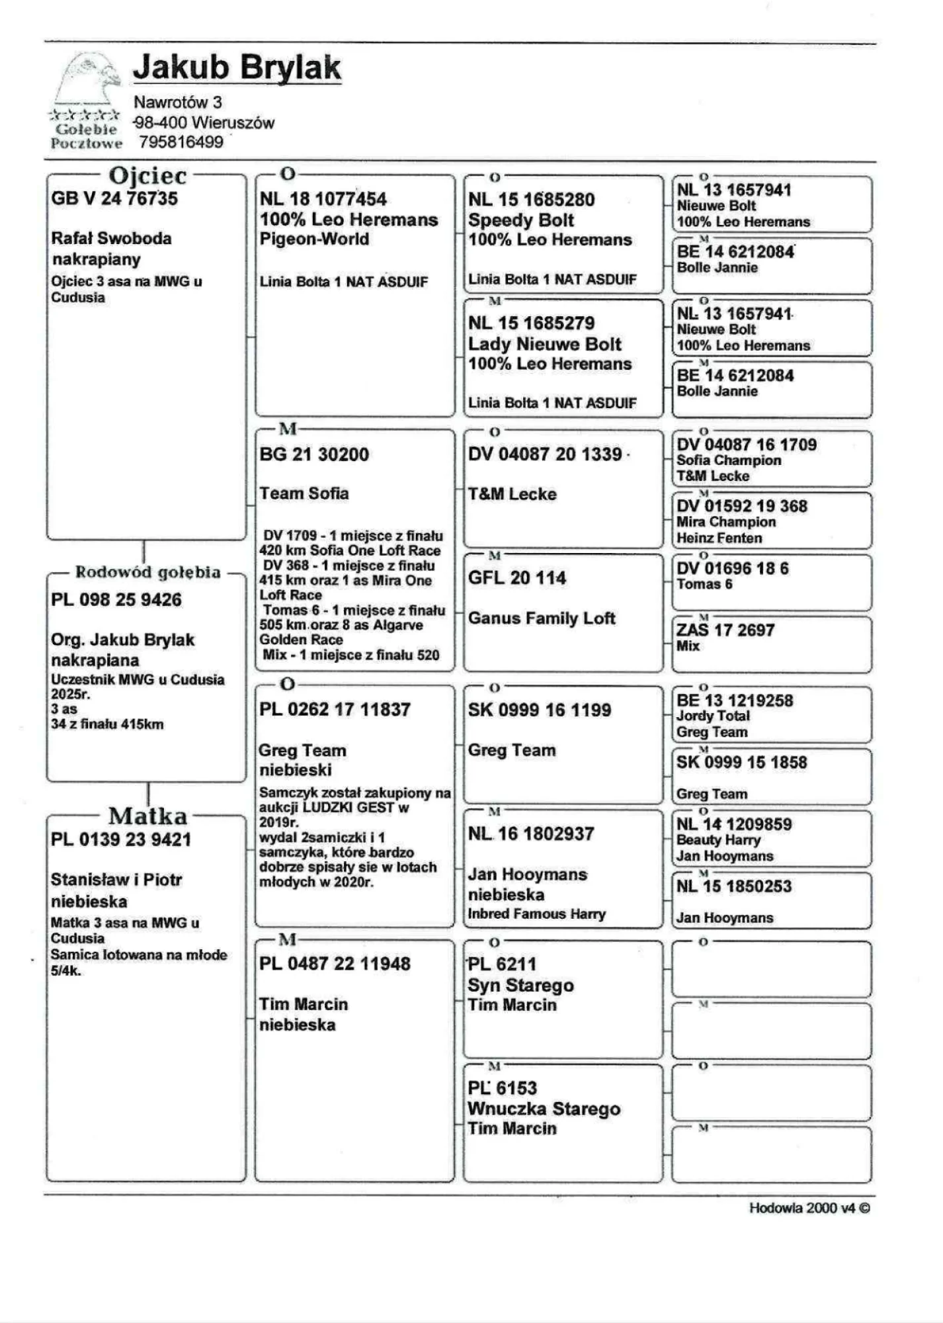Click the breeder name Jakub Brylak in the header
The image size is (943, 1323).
[x=237, y=67]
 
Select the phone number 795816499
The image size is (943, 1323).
[x=181, y=142]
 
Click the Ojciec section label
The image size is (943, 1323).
[x=147, y=176]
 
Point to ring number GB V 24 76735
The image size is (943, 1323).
[x=114, y=198]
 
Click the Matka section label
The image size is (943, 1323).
[x=147, y=816]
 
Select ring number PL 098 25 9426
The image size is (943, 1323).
[x=116, y=600]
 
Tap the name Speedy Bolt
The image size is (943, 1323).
[x=521, y=220]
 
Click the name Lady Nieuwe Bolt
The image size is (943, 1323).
[x=544, y=344]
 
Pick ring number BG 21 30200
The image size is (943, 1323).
[x=314, y=454]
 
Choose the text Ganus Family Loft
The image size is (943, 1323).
[x=542, y=619]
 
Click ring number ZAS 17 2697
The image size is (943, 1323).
[x=725, y=630]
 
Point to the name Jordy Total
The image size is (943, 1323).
[x=713, y=716]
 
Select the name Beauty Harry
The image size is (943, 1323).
[x=718, y=840]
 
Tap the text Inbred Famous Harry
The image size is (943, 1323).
[x=536, y=914]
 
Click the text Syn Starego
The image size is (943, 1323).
[x=520, y=985]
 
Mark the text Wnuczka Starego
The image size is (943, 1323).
[x=544, y=1109]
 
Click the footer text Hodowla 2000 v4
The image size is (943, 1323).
[x=809, y=1208]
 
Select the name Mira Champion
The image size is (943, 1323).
[x=725, y=522]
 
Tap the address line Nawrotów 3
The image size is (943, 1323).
[x=177, y=103]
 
